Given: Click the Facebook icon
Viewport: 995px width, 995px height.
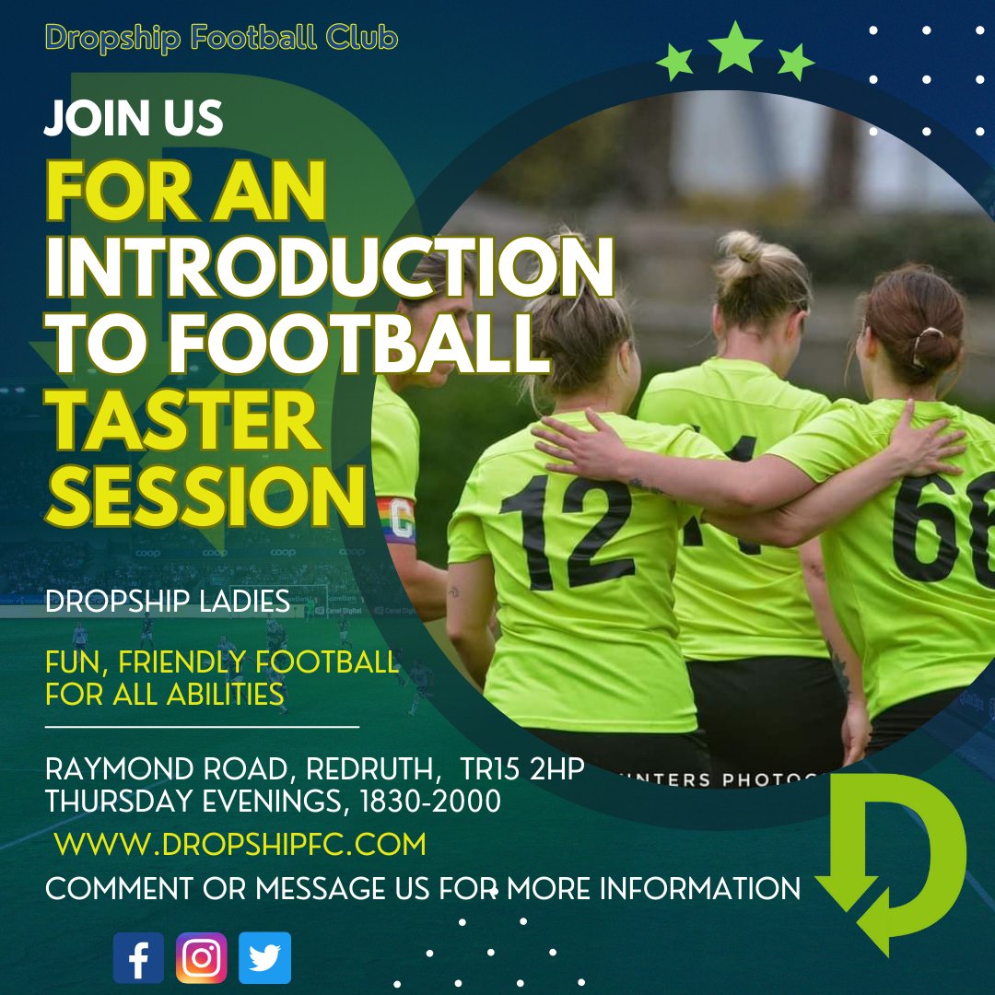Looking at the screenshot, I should click(x=138, y=958).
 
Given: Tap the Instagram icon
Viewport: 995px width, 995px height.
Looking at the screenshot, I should click(x=201, y=958).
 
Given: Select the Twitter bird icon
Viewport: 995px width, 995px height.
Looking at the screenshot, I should click(x=264, y=958).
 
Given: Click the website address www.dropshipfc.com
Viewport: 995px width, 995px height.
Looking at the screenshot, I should click(x=240, y=843).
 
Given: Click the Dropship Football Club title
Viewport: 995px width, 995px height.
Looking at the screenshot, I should click(x=221, y=39).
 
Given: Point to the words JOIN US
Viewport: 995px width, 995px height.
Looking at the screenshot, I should click(x=134, y=119).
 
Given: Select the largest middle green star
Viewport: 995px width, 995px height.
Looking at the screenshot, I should click(x=736, y=49).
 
